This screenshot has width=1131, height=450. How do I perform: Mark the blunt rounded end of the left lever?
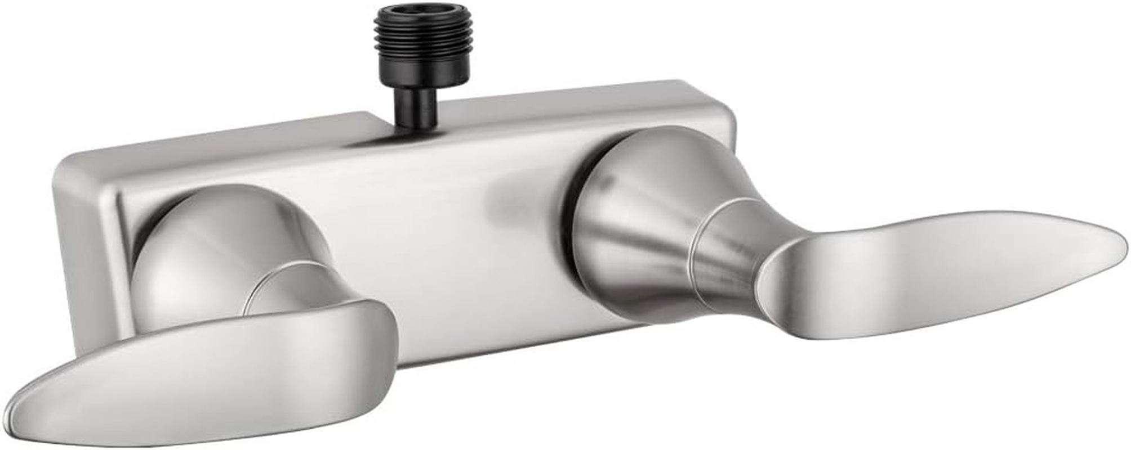pyautogui.click(x=383, y=337)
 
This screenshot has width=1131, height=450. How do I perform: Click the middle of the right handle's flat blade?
pyautogui.click(x=929, y=264)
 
